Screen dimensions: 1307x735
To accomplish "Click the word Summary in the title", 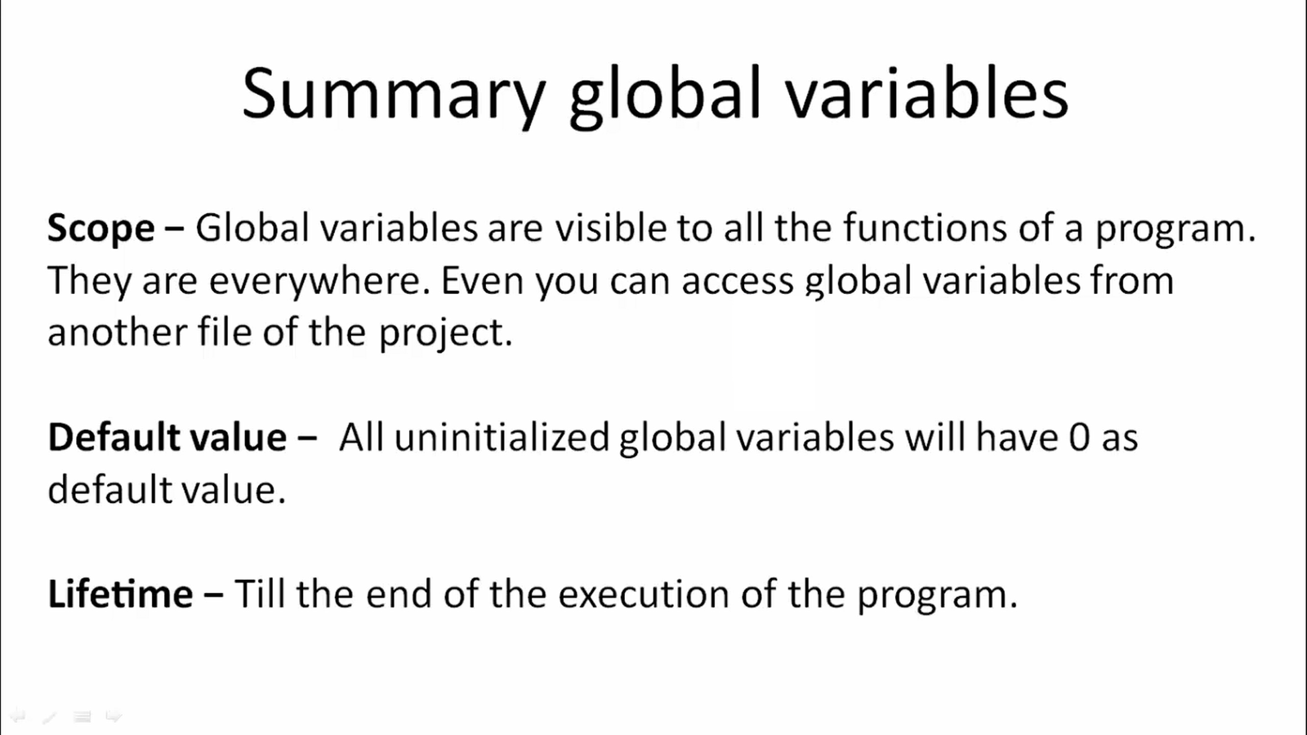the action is [x=394, y=95].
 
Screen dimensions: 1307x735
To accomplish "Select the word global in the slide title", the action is [x=665, y=95].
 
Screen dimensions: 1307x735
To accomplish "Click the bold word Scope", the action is [x=101, y=229].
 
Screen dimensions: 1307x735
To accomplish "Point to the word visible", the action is [x=611, y=228].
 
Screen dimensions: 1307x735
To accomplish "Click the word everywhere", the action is [x=319, y=281].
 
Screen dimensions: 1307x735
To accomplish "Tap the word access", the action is [x=738, y=281].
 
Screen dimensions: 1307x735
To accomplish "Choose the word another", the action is [x=116, y=332].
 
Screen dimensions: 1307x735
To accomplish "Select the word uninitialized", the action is [x=502, y=438].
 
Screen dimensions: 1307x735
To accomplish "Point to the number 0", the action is [x=1079, y=438].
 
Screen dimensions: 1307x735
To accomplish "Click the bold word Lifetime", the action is [x=120, y=595].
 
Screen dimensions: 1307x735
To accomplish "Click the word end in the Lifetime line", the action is [x=399, y=595].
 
